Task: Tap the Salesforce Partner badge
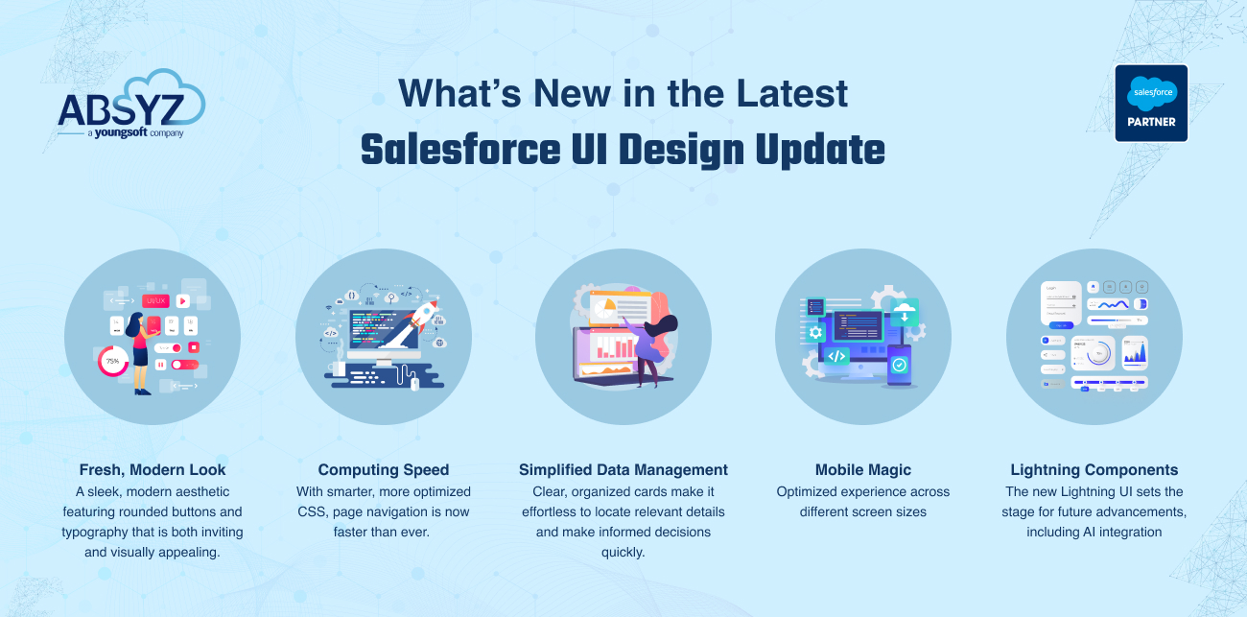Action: click(x=1151, y=104)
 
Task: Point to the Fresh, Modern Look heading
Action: click(x=153, y=470)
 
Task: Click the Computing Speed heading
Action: click(x=384, y=470)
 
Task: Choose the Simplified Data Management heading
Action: click(x=623, y=470)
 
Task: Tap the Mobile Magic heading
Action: click(x=863, y=470)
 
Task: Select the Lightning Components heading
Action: click(x=1094, y=470)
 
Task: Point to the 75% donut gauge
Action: click(x=113, y=362)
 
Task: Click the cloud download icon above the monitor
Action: click(x=904, y=310)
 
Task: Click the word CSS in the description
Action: click(x=314, y=512)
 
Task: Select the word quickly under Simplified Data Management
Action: click(x=623, y=553)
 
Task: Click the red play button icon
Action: click(x=182, y=301)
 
